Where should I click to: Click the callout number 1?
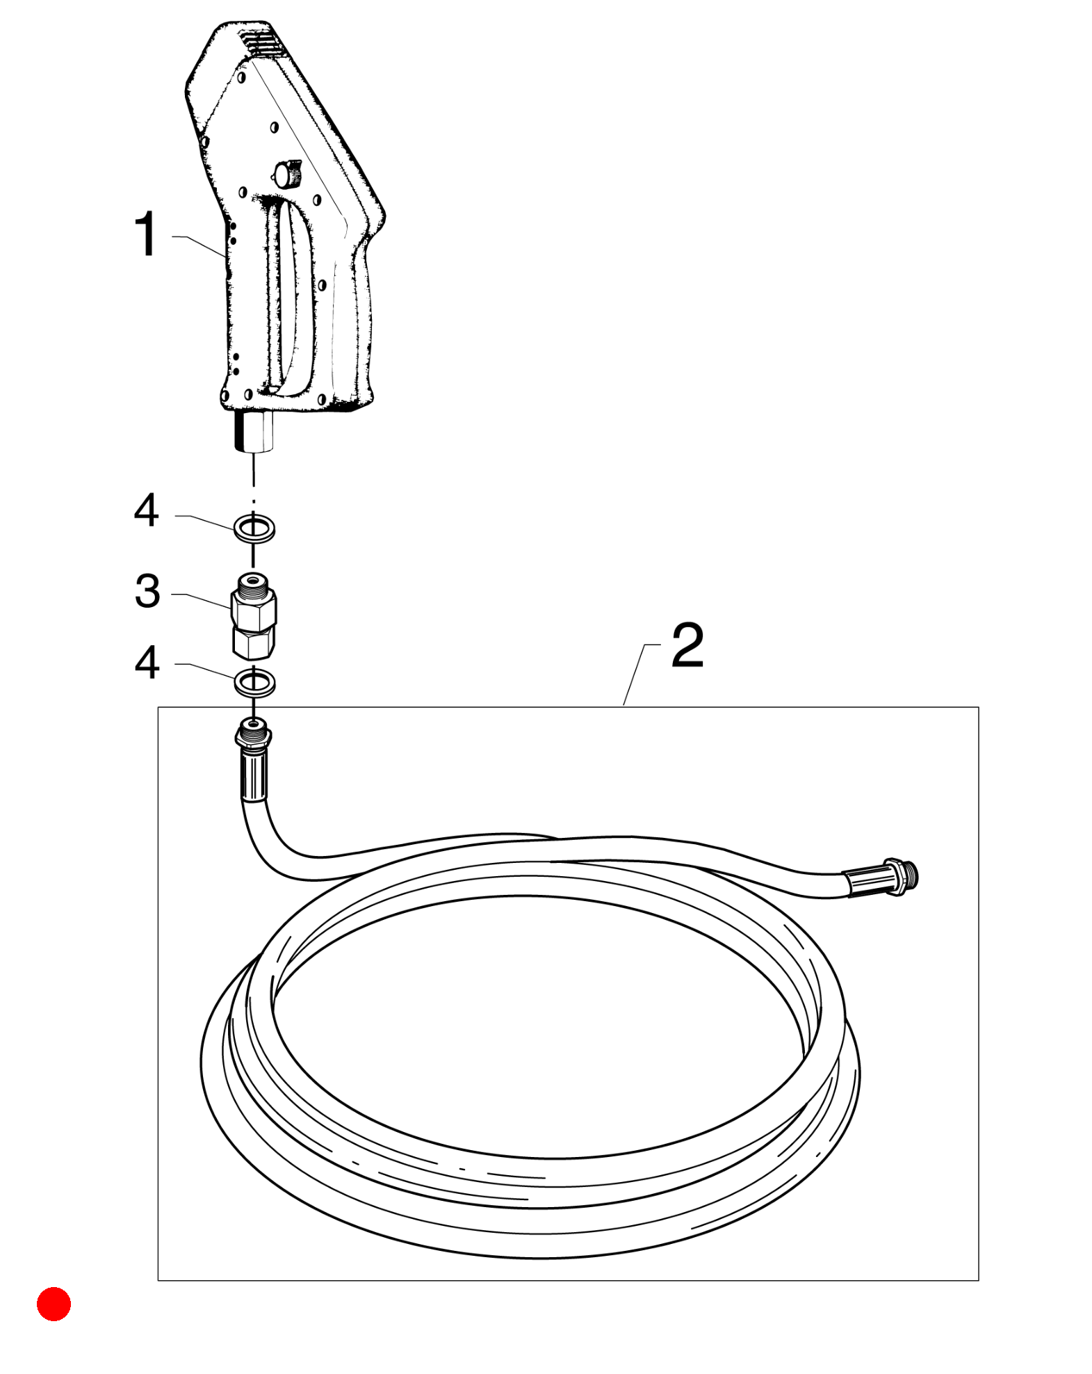click(147, 234)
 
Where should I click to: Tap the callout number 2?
click(687, 645)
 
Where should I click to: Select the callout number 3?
click(147, 591)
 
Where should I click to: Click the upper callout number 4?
click(147, 510)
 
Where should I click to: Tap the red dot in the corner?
click(54, 1304)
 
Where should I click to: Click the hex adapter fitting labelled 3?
click(254, 615)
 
